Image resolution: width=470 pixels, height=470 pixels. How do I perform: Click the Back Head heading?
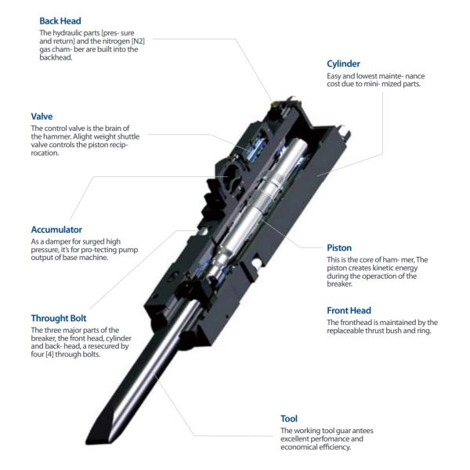click(x=60, y=21)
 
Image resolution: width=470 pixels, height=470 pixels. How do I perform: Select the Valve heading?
click(x=42, y=116)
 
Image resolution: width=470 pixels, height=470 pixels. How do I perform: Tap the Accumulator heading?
click(x=56, y=230)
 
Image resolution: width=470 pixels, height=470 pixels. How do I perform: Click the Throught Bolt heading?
click(x=59, y=318)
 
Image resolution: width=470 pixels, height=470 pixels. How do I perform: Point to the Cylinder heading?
click(x=343, y=64)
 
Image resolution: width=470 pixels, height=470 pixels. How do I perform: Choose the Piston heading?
click(x=339, y=248)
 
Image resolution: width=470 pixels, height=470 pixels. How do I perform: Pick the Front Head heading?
click(x=349, y=310)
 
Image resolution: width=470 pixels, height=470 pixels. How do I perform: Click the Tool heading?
click(x=289, y=419)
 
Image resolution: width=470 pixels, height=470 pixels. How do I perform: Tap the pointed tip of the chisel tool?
click(x=87, y=443)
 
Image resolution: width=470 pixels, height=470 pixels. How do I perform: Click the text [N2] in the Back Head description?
click(x=138, y=41)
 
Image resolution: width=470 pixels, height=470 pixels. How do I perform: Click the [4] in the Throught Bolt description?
click(x=49, y=354)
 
